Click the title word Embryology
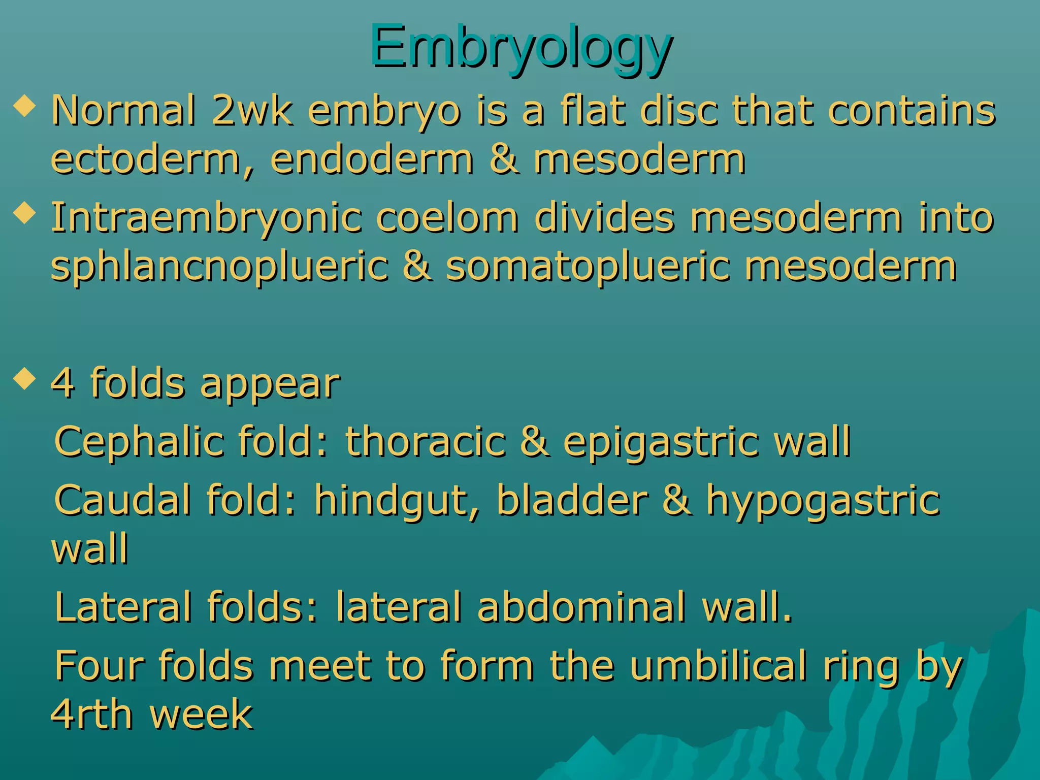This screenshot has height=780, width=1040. [521, 47]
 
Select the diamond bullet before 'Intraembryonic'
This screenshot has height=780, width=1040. [25, 213]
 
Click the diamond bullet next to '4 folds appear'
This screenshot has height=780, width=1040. [25, 378]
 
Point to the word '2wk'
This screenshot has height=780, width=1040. [252, 111]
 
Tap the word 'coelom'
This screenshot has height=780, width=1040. [447, 217]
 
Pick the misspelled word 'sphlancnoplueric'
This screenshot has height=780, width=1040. [219, 267]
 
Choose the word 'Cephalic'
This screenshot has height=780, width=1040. [139, 442]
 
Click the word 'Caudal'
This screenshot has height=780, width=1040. [122, 500]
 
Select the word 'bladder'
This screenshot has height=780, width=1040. [572, 500]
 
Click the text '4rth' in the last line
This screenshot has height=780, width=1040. [92, 714]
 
